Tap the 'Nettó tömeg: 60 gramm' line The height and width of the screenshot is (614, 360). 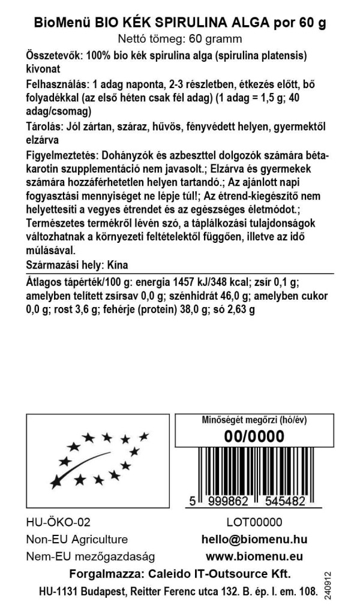179,40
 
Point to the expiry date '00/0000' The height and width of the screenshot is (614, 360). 254,437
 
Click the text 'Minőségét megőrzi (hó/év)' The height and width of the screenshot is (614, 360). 254,420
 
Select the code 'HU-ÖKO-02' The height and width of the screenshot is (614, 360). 58,523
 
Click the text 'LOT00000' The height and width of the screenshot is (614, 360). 254,523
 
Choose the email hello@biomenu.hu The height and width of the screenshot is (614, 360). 254,540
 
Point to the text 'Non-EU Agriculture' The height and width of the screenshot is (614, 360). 77,540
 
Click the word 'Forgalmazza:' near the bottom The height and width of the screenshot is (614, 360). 104,574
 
